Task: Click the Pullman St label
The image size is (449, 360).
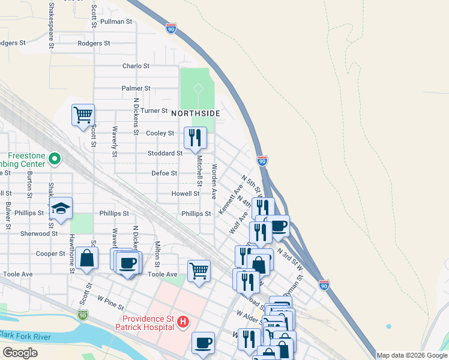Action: coord(116,21)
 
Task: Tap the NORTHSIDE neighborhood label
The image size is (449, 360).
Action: coord(196,113)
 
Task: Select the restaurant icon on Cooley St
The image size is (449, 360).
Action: coord(195,137)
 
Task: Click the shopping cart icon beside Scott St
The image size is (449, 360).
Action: coord(83,114)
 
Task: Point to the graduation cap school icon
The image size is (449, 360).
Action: coord(61,208)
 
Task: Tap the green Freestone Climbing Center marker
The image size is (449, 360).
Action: coord(55,159)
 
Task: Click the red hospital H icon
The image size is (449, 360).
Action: coord(183,323)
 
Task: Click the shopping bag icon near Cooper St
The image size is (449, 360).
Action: coord(87,259)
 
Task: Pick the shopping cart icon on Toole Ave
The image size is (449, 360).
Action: coord(199,270)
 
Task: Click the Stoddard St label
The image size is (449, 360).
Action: coord(165,153)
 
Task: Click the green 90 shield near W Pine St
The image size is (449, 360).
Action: coord(83,314)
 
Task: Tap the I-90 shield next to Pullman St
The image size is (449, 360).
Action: coord(171,28)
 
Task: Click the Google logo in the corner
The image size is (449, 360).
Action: coord(20,353)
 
